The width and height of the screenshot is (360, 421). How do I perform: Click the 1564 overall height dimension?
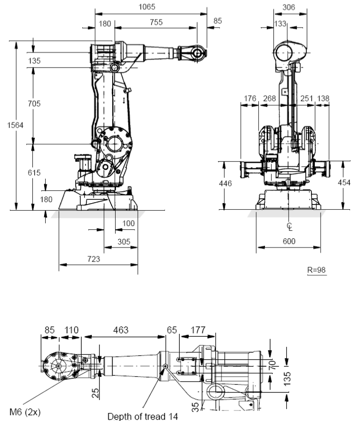[15, 125]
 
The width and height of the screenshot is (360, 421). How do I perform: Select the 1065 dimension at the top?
[147, 7]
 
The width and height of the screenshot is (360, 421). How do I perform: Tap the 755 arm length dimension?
[156, 22]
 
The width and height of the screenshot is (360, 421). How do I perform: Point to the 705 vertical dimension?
[34, 103]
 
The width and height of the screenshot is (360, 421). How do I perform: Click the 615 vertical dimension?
[34, 172]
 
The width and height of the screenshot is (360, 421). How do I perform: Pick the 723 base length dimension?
[93, 259]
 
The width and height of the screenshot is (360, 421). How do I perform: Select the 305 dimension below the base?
[124, 242]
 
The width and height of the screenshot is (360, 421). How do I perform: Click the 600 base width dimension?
[289, 241]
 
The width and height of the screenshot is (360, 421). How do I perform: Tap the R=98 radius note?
[317, 270]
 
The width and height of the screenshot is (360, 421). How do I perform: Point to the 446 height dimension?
[225, 183]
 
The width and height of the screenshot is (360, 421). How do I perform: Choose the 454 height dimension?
[344, 183]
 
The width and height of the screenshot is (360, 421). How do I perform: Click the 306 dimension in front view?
[289, 7]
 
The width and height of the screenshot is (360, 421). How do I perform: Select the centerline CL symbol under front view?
[290, 227]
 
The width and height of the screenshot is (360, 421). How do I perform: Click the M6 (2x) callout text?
[25, 411]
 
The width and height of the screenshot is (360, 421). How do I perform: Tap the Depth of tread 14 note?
[143, 416]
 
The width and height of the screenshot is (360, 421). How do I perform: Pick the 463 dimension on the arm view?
[121, 330]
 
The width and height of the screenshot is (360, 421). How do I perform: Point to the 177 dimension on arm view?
[198, 330]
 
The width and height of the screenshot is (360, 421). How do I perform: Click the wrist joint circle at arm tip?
[197, 53]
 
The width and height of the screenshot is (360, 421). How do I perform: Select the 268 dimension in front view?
[269, 98]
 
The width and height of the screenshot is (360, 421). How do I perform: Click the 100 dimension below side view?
[128, 224]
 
